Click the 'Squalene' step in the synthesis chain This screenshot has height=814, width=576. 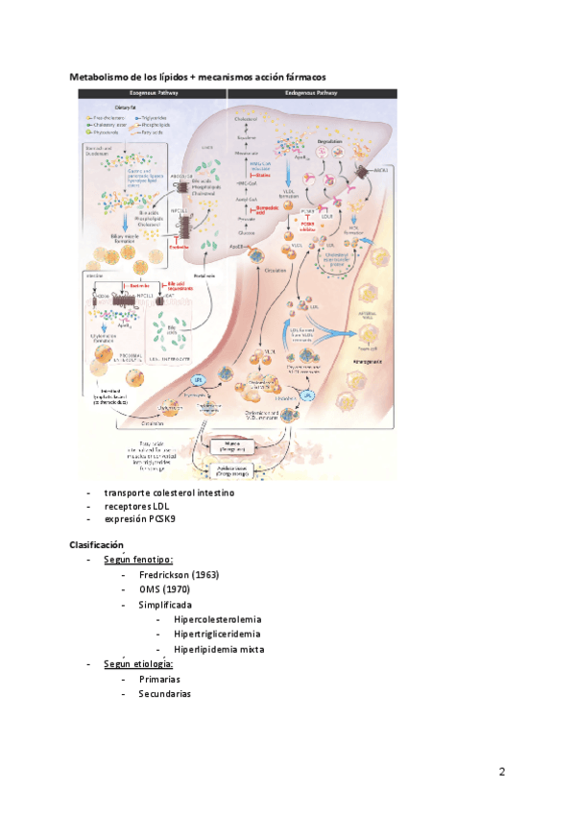click(247, 138)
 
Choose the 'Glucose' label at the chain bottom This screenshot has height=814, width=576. click(248, 231)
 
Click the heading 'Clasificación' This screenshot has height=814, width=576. click(96, 544)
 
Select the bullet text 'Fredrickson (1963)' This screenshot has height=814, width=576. click(179, 575)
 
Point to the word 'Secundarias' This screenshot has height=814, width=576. click(164, 693)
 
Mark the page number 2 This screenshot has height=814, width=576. click(502, 772)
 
